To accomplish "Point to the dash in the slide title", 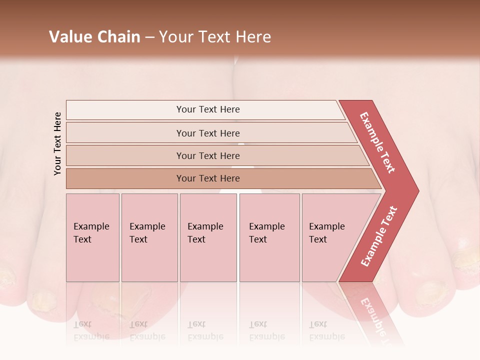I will pyautogui.click(x=149, y=37).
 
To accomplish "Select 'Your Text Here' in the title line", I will pyautogui.click(x=215, y=37).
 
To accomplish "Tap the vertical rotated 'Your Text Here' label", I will pyautogui.click(x=57, y=143).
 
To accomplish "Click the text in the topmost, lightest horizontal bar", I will pyautogui.click(x=208, y=109).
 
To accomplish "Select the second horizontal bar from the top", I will pyautogui.click(x=208, y=133).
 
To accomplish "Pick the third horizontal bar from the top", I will pyautogui.click(x=208, y=155).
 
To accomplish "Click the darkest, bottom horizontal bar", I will pyautogui.click(x=208, y=178).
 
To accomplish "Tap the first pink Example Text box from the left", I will pyautogui.click(x=92, y=237).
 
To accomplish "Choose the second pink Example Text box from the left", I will pyautogui.click(x=149, y=237).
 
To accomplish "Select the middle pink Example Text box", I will pyautogui.click(x=208, y=237).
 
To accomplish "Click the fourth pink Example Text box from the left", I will pyautogui.click(x=269, y=237).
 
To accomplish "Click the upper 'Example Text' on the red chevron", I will pyautogui.click(x=377, y=142).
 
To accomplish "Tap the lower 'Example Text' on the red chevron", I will pyautogui.click(x=379, y=236).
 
